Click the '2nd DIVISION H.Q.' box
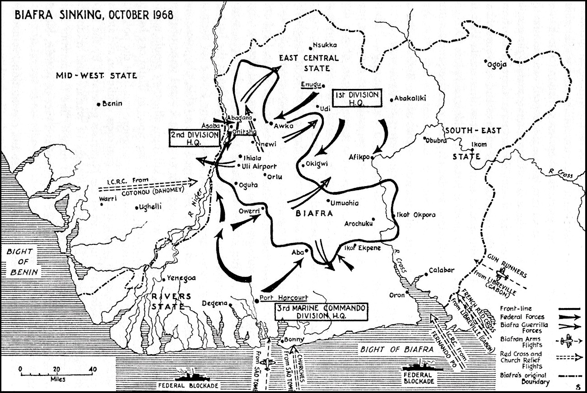[x=195, y=139]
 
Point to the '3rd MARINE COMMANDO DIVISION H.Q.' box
[x=321, y=312]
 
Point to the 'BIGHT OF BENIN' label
[x=22, y=262]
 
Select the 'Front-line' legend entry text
[x=516, y=309]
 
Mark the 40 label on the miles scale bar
[x=93, y=369]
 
